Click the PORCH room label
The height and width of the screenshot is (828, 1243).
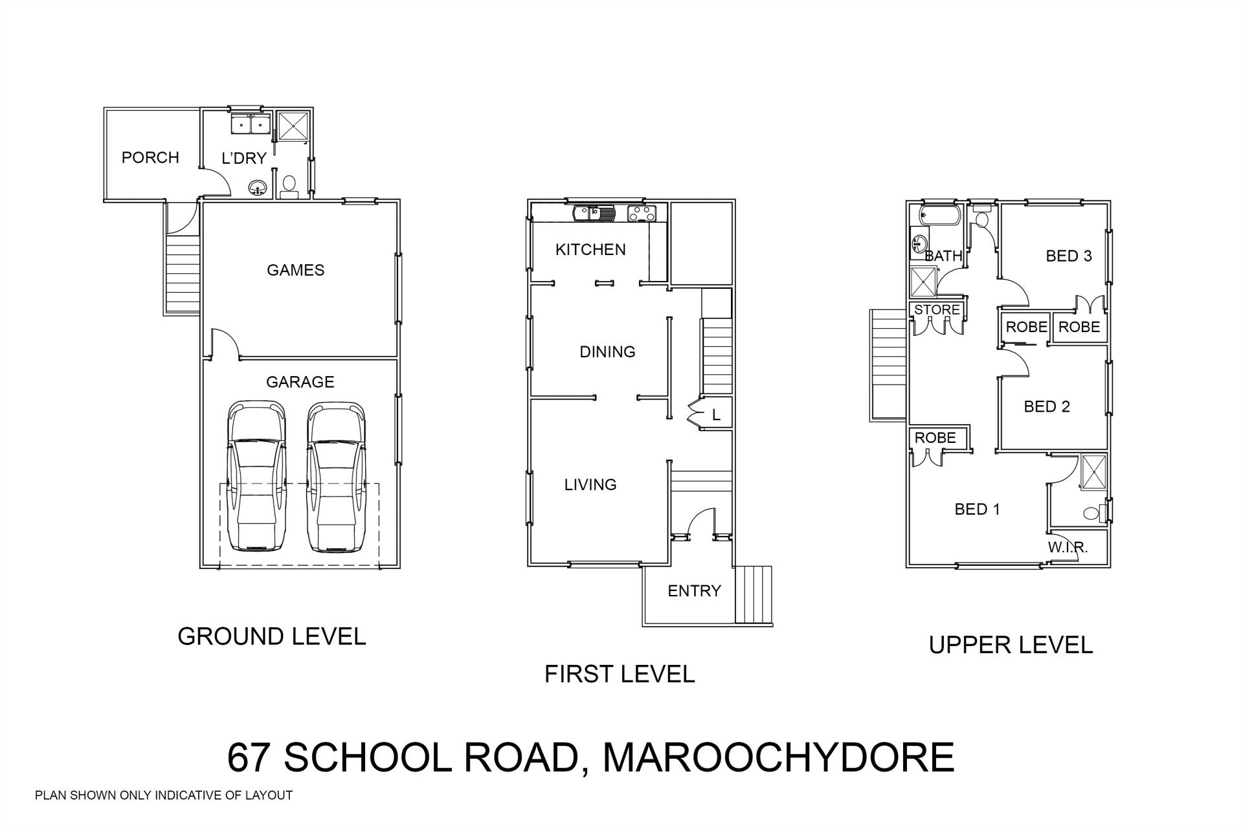tap(150, 157)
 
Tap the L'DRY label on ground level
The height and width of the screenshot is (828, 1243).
tap(244, 158)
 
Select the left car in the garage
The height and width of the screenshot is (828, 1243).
tap(256, 477)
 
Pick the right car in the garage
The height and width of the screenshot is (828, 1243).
tap(335, 477)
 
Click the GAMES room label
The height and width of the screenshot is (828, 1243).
tap(296, 270)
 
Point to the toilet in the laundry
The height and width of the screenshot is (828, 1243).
tap(289, 186)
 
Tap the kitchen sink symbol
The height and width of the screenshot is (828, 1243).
tap(594, 213)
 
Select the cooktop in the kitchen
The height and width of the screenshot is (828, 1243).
tap(642, 213)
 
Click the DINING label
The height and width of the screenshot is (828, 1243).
tap(607, 352)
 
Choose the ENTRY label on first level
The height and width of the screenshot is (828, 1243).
tap(694, 590)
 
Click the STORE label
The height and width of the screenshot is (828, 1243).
tap(937, 309)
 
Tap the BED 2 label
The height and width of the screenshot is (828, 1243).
tap(1047, 407)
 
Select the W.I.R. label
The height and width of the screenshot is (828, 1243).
tap(1068, 547)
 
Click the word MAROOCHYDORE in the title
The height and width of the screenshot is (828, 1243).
tap(778, 757)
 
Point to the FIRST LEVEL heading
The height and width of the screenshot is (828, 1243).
tap(620, 674)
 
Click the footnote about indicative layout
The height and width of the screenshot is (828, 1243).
tap(164, 796)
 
